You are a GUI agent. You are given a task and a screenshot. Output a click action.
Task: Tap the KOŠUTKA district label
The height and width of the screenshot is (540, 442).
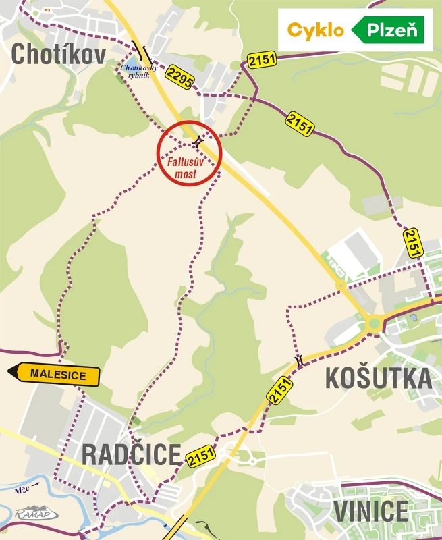(378, 378)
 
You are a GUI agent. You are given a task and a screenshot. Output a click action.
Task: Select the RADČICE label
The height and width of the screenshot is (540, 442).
(132, 454)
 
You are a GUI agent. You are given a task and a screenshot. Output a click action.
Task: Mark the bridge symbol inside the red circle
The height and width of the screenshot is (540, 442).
(197, 142)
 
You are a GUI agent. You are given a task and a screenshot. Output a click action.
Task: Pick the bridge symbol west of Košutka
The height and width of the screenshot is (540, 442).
(299, 362)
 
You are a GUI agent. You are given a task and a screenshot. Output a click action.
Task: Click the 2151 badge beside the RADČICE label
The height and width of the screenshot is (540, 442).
(201, 456)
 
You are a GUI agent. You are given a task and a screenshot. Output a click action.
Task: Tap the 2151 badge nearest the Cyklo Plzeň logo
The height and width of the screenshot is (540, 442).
(262, 61)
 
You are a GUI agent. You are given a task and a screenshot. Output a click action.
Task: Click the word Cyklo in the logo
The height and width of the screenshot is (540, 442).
(316, 30)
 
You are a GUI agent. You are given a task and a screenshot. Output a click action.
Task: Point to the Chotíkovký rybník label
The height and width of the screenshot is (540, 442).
(139, 71)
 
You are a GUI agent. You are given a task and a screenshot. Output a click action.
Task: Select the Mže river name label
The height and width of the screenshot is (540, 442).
(22, 491)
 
